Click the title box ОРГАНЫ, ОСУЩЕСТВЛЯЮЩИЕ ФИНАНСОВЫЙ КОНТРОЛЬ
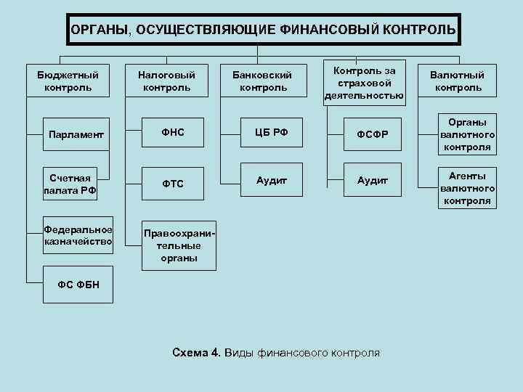pos(263,30)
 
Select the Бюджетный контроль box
pos(68,81)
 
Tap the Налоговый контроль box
pos(166,81)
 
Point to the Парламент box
pos(76,134)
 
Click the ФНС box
pos(171,132)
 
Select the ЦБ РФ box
pos(271,132)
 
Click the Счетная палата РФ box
pos(71,184)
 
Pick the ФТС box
pos(171,184)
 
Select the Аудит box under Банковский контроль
pos(271,179)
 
